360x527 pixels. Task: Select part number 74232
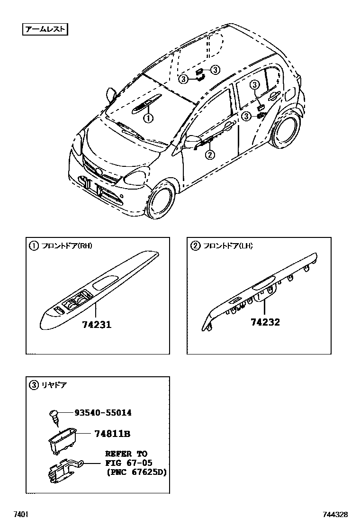(265, 322)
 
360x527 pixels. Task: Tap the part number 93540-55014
(103, 413)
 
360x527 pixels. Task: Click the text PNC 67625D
(136, 472)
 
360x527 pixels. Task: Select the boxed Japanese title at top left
(45, 30)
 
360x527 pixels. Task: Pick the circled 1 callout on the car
(148, 118)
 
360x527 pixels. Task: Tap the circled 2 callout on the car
(210, 154)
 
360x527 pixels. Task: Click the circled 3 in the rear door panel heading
(34, 385)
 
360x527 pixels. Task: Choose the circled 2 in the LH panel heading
(195, 245)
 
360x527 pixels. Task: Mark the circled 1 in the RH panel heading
(34, 245)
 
